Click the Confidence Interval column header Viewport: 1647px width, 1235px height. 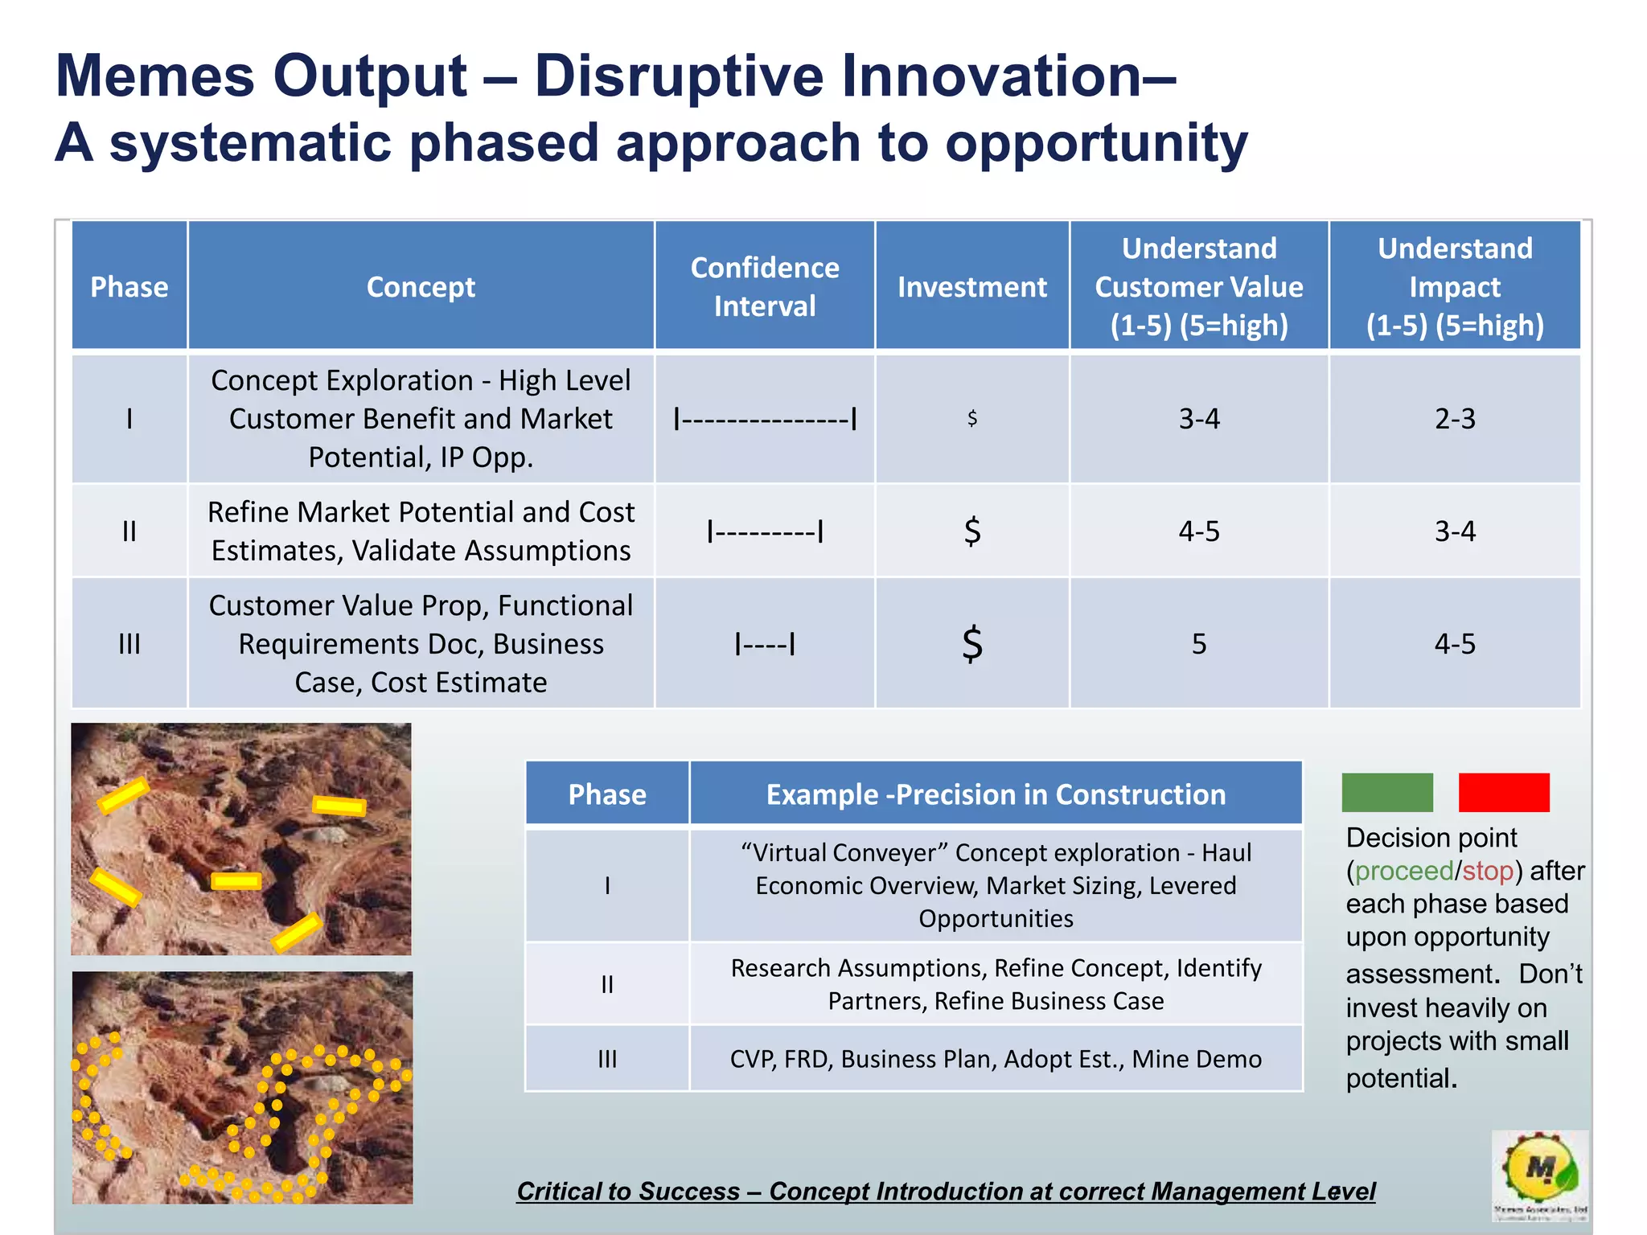point(764,286)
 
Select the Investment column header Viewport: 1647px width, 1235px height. point(971,286)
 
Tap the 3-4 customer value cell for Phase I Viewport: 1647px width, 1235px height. point(1198,418)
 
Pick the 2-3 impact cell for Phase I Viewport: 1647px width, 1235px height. point(1454,418)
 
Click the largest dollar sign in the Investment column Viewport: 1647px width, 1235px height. point(972,643)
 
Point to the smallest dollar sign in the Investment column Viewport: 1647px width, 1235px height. point(972,417)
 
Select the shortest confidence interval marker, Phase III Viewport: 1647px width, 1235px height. point(764,643)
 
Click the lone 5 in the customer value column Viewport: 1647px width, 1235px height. point(1198,643)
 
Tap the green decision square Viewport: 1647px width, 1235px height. point(1387,792)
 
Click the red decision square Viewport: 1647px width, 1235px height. point(1503,792)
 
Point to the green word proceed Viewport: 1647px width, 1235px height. point(1403,871)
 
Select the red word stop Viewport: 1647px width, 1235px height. point(1488,871)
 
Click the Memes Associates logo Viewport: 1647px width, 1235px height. point(1539,1175)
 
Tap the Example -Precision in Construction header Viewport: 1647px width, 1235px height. point(996,794)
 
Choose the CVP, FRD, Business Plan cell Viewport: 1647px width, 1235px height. point(996,1059)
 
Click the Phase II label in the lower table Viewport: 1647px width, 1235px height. point(607,984)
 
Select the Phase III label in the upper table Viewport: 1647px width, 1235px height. point(129,643)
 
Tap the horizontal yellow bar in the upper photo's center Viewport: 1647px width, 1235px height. point(236,881)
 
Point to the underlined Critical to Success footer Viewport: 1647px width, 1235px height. point(946,1191)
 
